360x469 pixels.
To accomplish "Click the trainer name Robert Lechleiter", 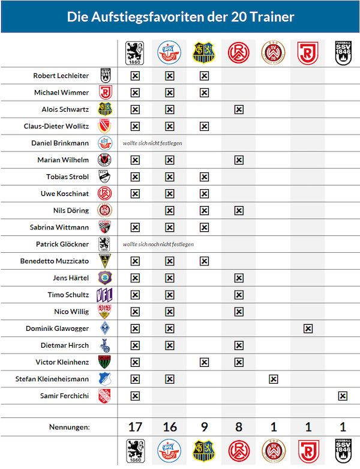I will point(61,76).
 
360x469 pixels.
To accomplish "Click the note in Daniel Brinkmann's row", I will point(152,144).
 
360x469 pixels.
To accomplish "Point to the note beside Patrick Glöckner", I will point(158,244).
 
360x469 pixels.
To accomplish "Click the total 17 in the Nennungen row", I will point(135,427).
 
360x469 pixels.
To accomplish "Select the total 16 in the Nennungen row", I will point(170,427).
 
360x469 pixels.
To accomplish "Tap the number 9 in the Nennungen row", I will point(204,427).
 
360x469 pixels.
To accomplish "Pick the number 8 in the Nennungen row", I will point(239,427).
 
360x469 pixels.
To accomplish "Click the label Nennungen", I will point(69,427).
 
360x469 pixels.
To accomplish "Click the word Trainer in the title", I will point(274,17).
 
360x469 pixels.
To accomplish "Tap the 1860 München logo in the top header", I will point(135,53).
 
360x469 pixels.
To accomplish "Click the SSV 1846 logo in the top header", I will point(342,53).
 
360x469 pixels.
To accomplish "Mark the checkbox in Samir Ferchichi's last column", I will point(342,396).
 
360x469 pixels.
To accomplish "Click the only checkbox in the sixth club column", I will point(308,328).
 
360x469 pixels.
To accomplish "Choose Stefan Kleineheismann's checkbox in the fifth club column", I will point(273,379).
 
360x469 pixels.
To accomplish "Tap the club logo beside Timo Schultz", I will point(105,295).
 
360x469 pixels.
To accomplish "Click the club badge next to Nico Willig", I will point(105,312).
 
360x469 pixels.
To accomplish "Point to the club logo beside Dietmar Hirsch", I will point(105,345).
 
